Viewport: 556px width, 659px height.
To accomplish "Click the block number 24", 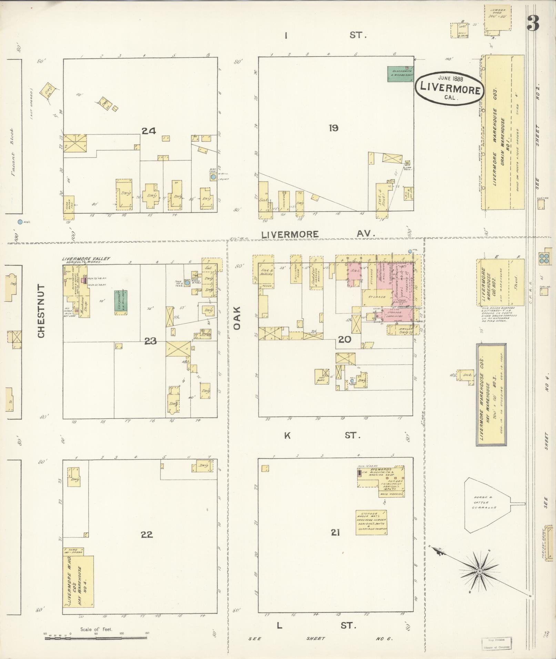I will tap(149, 131).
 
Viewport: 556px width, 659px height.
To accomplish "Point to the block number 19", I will tap(333, 128).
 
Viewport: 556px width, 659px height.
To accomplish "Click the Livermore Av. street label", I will tap(317, 234).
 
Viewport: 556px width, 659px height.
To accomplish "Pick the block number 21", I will tap(335, 533).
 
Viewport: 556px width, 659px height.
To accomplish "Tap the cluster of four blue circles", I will tap(544, 258).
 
